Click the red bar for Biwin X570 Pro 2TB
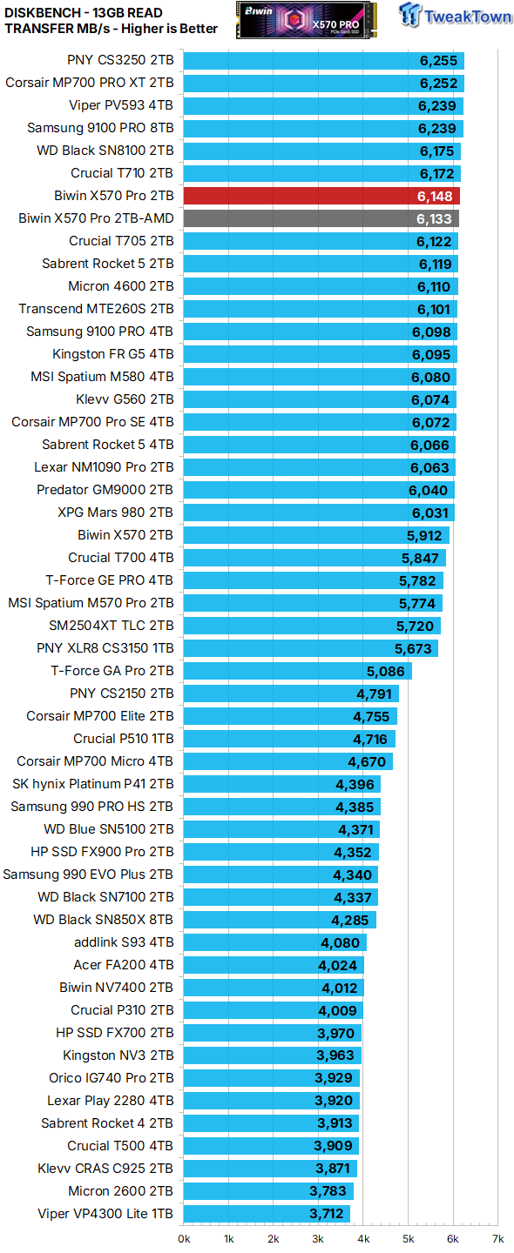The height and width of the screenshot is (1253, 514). point(321,196)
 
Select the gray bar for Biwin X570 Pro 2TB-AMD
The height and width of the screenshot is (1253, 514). point(321,218)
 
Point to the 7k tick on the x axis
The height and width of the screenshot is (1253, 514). point(497,1238)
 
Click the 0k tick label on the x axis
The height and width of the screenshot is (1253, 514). point(185,1238)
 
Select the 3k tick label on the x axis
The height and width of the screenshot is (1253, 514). point(319,1238)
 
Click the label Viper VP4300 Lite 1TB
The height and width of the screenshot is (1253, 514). point(105,1214)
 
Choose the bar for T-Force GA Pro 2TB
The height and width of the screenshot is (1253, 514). point(298,671)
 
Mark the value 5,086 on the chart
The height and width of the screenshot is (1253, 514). point(385,671)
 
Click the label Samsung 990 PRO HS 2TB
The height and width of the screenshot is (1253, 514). point(91,807)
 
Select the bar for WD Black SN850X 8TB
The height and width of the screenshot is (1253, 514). point(280,920)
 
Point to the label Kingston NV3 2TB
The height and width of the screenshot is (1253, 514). point(119,1055)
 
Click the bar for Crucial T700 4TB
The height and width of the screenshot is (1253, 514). point(314,558)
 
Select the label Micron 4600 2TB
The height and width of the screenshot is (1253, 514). point(121,286)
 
